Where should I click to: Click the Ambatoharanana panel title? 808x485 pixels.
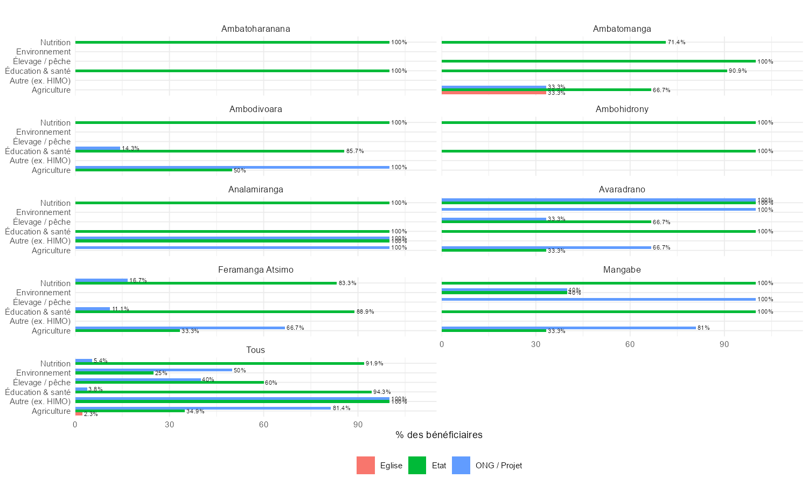tap(255, 29)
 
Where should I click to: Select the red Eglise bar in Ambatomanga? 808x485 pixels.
tap(493, 93)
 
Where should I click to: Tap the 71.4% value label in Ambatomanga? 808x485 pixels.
tap(677, 42)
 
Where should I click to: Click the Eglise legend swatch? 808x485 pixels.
tap(365, 466)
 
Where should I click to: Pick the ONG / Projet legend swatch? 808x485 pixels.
tap(461, 466)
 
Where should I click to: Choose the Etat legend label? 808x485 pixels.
tap(438, 466)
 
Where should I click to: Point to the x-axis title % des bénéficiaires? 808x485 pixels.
tap(438, 435)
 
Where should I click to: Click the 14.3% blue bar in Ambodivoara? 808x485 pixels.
tap(97, 148)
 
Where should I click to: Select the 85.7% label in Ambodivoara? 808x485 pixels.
tap(355, 151)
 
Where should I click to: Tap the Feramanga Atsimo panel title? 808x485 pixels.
tap(255, 270)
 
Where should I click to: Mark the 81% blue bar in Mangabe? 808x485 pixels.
tap(568, 328)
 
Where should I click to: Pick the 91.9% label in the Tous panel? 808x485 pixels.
tap(374, 364)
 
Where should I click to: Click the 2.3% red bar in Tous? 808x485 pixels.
tap(79, 414)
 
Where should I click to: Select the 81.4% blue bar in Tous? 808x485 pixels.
tap(203, 408)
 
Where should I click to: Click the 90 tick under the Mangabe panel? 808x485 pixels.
tap(724, 344)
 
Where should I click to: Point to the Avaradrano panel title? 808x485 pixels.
tap(622, 190)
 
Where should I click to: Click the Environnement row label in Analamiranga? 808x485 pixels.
tap(43, 212)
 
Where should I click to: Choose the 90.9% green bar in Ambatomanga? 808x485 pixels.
tap(584, 71)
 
